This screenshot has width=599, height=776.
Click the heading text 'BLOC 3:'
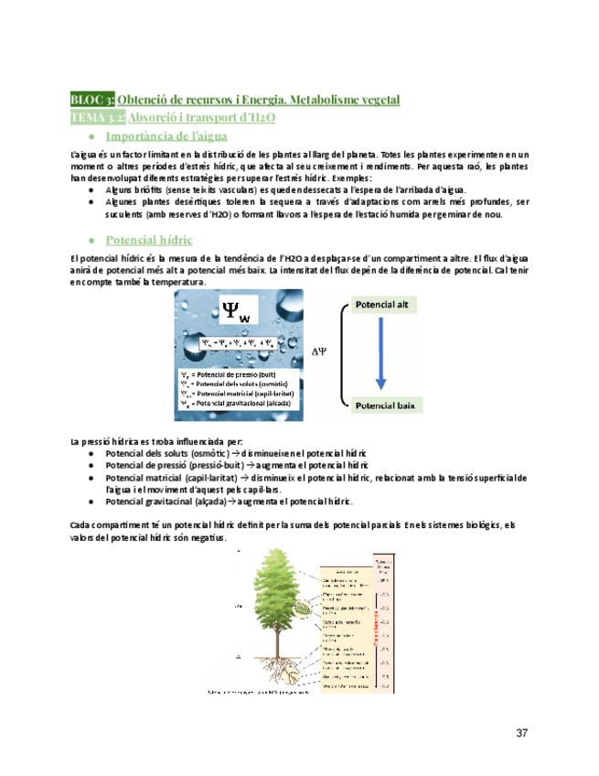92,99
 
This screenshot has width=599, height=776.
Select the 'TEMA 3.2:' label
98,117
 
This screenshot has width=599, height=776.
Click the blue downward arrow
381,353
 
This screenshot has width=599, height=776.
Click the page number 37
522,732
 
